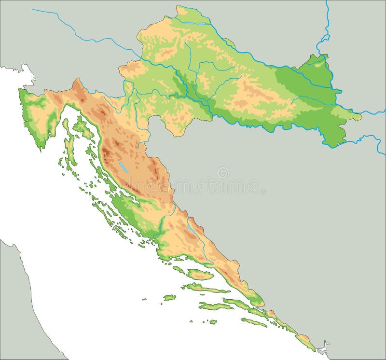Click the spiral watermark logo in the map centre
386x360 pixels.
223,173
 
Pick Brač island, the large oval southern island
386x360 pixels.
200,275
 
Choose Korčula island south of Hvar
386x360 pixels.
214,306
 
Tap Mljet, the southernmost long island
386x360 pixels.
254,322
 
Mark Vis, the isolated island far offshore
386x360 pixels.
169,298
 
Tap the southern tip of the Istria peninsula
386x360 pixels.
41,147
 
